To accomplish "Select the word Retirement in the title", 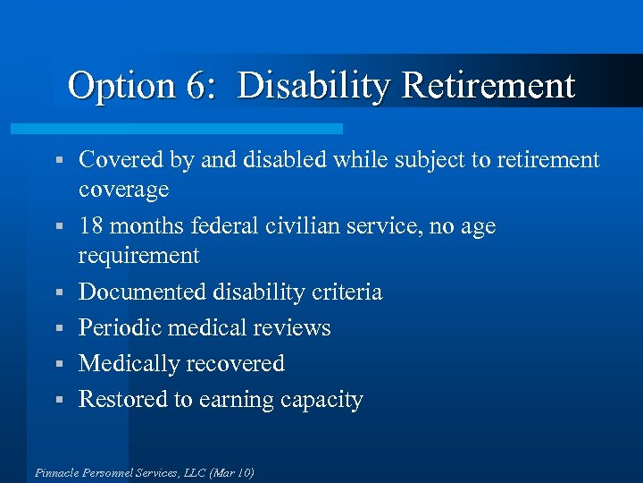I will tap(489, 87).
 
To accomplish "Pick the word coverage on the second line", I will tap(123, 191).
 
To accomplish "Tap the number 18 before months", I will tap(92, 226).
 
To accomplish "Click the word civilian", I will tap(300, 226).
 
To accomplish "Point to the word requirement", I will tap(138, 257).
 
